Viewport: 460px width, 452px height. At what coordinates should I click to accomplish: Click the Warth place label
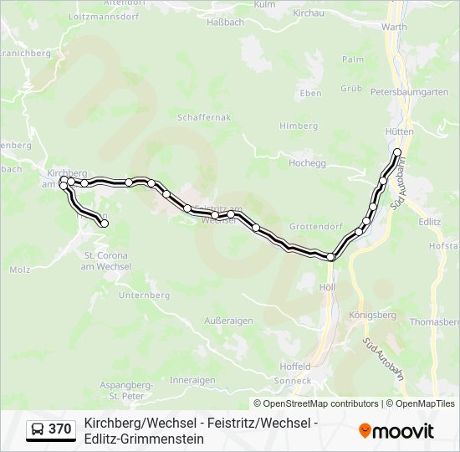tap(394, 27)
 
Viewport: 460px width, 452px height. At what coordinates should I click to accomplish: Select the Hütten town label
tap(400, 132)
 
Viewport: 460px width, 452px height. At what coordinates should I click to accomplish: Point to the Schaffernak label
tap(204, 119)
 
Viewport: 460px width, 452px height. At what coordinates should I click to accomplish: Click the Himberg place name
tap(299, 126)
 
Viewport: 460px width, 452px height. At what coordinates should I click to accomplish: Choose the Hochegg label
tap(307, 163)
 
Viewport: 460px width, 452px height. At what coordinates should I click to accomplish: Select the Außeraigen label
tap(228, 321)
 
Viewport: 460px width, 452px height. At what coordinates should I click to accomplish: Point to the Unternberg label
tap(144, 295)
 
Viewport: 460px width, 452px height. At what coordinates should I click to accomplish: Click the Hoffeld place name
tap(294, 367)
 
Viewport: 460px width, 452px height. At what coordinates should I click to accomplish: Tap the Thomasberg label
tap(435, 321)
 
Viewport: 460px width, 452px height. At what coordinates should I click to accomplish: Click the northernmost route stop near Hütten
tap(397, 152)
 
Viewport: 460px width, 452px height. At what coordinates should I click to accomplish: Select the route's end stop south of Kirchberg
tap(105, 223)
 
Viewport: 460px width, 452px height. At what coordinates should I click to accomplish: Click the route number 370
tap(59, 429)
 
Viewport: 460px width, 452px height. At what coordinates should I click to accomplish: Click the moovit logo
tap(396, 431)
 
